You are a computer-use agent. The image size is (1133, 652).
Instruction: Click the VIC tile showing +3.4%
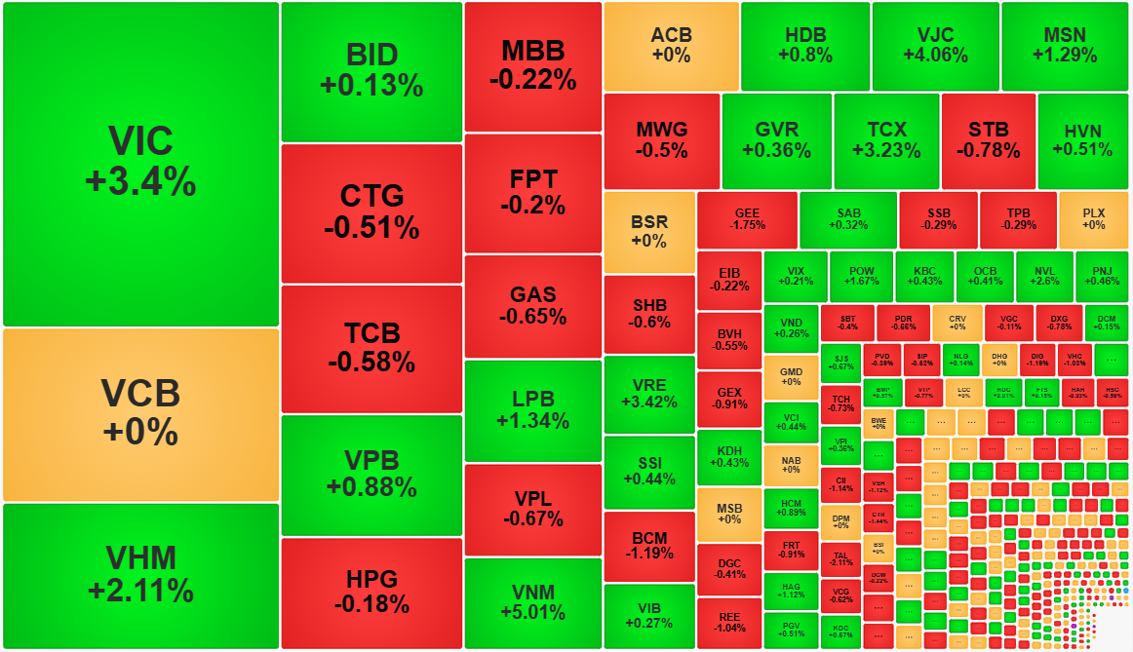[140, 163]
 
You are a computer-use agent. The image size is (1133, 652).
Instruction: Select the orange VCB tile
[140, 413]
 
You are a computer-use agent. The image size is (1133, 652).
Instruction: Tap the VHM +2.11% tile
[140, 575]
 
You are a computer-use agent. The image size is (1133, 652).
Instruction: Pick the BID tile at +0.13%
[371, 71]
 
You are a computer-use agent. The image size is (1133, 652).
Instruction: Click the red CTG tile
[371, 212]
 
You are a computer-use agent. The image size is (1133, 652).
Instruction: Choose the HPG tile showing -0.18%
[371, 593]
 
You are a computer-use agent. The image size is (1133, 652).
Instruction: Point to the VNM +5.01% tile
[532, 602]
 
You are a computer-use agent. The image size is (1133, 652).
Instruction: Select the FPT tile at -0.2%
[532, 192]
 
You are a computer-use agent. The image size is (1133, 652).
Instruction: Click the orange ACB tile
[671, 46]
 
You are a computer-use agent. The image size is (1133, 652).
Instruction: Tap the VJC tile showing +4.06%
[935, 46]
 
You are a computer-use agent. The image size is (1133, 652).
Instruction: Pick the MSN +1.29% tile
[1064, 46]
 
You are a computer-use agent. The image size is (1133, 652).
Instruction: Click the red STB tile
[988, 140]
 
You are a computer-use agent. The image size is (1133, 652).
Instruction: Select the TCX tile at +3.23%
[886, 140]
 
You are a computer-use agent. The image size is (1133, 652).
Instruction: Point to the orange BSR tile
[648, 232]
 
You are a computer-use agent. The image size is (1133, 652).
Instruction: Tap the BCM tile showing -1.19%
[648, 546]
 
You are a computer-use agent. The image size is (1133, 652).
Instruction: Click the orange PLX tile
[1094, 218]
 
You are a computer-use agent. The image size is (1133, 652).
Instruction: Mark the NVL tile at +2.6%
[1043, 276]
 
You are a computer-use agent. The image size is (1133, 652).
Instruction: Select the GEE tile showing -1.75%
[747, 218]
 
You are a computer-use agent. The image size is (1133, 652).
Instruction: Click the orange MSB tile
[729, 514]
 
